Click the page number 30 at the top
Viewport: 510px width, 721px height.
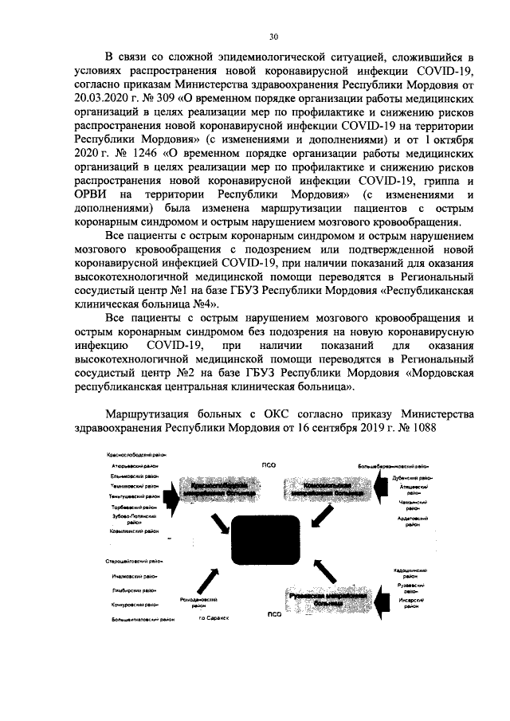(x=273, y=37)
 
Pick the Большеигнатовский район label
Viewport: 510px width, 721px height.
(x=134, y=618)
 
